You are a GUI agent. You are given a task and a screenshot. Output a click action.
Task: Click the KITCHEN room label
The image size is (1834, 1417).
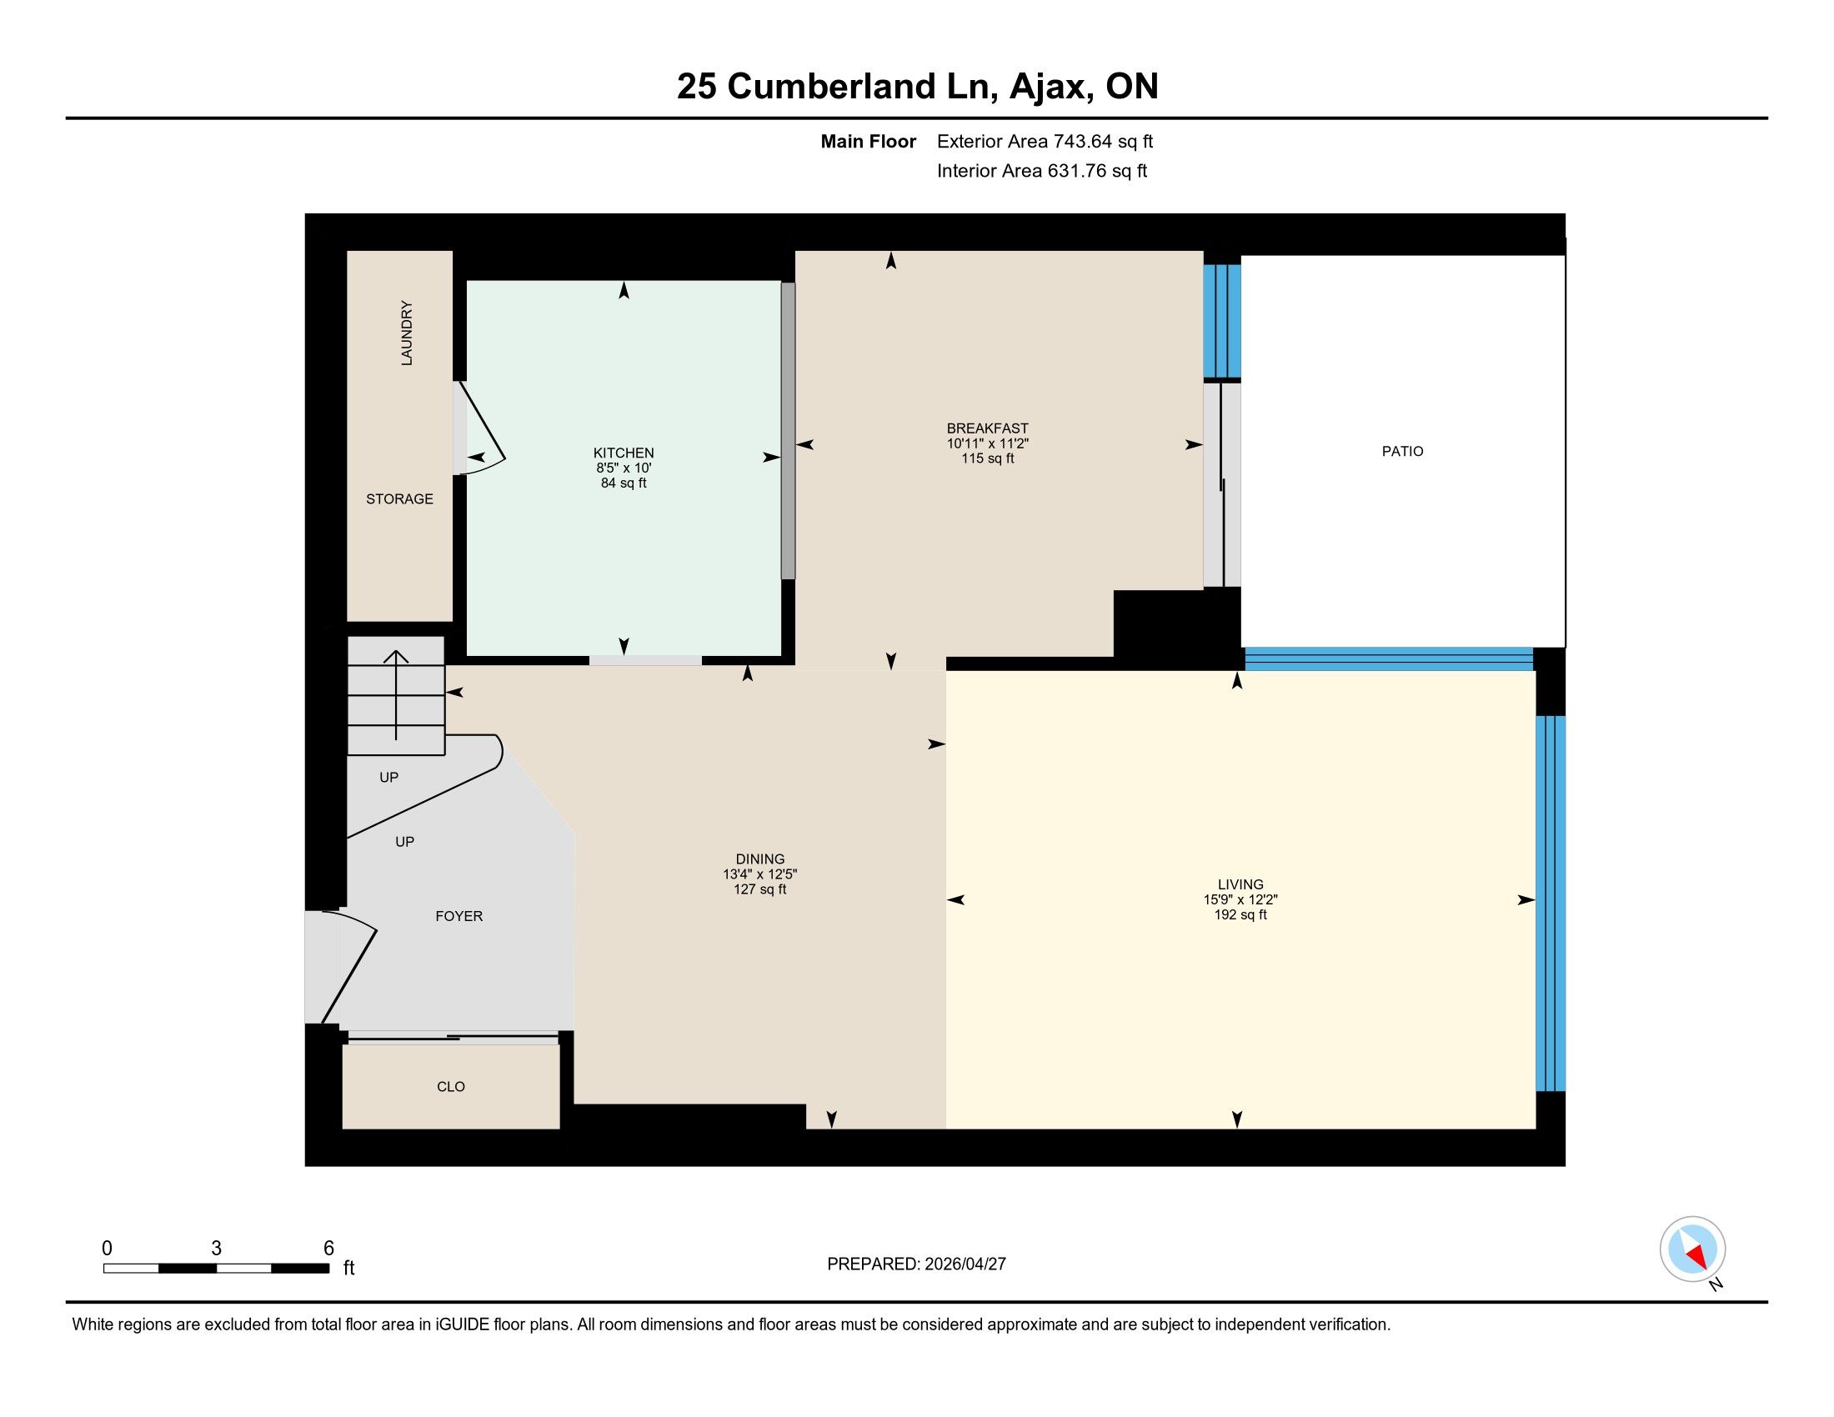(623, 453)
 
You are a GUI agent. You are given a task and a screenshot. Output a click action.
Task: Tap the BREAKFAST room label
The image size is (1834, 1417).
(988, 428)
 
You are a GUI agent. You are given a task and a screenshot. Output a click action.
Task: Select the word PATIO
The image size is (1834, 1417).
(1402, 452)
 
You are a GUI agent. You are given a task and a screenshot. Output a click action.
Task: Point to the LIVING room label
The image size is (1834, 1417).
(1240, 884)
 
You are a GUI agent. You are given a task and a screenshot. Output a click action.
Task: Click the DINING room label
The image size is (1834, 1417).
(760, 859)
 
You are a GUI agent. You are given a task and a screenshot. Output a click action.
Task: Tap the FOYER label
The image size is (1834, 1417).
(458, 916)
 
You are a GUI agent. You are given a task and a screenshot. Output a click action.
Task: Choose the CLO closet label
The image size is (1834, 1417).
(451, 1086)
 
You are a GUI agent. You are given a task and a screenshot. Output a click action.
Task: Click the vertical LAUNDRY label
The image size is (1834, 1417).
(407, 333)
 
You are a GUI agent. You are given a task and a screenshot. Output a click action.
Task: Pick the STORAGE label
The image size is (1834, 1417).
(399, 498)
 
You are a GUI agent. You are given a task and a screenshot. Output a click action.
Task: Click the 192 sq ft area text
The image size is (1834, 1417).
(1240, 914)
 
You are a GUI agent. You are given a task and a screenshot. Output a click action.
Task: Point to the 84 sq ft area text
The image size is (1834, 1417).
(623, 483)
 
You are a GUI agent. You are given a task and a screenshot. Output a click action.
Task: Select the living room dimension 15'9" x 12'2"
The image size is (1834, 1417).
(1240, 899)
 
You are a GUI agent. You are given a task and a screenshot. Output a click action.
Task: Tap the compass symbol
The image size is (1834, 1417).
(1692, 1249)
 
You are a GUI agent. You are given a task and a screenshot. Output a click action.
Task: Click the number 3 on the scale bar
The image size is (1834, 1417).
(216, 1249)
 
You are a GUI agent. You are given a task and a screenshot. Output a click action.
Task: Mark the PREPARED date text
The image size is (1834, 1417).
(916, 1264)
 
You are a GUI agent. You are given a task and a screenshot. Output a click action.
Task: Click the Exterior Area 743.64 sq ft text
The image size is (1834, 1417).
(1045, 141)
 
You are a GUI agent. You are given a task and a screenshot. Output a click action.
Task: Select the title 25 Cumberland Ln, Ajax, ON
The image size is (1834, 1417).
(917, 87)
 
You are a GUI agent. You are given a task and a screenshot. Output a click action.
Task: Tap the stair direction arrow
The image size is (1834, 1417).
(396, 695)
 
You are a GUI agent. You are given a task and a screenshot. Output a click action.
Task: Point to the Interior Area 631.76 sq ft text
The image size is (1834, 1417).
(1042, 170)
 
